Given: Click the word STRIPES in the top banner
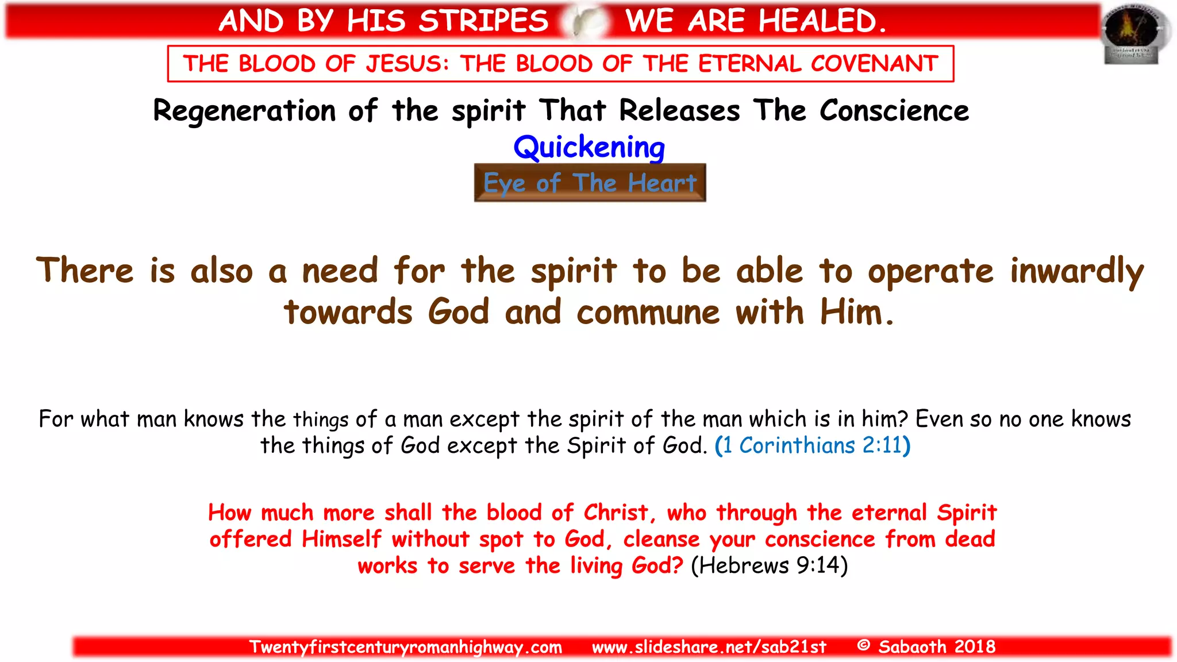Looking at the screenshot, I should pos(483,21).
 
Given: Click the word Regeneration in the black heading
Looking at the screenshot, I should pos(244,111).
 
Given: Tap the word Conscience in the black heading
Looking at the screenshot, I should pos(894,111).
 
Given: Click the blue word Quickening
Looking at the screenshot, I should pos(589,147).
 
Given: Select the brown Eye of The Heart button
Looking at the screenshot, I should pos(590,183).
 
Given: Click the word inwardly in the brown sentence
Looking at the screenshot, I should pos(1077,271).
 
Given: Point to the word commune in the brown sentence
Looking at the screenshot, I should pos(648,313).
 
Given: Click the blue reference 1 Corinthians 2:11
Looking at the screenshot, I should pos(813,445).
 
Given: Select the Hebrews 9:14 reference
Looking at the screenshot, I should pos(769,565).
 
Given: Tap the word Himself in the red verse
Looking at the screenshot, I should pos(341,539).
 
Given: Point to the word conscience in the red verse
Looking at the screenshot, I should pos(820,539).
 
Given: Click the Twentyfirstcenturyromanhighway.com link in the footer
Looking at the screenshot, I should pos(406,647).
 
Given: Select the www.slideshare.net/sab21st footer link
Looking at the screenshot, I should pos(709,647).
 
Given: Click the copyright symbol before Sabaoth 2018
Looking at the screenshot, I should pos(863,645).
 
